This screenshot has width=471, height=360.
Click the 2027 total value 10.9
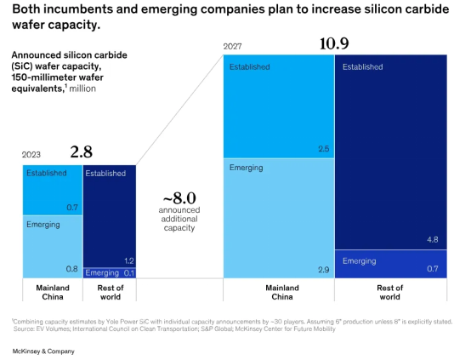click(x=334, y=43)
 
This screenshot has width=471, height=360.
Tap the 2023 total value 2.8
click(x=81, y=151)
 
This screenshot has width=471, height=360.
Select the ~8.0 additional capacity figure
click(x=179, y=198)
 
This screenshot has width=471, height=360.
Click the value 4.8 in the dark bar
click(x=433, y=240)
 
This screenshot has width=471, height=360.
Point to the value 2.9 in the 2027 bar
click(x=324, y=270)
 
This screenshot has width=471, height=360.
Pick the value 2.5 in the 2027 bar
click(x=324, y=149)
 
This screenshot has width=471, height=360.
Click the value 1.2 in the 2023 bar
click(x=129, y=260)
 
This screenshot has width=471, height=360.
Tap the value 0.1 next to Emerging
click(x=129, y=273)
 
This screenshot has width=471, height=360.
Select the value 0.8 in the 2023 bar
click(x=71, y=269)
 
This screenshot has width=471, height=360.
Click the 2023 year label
click(x=31, y=155)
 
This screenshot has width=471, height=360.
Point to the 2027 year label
click(x=232, y=46)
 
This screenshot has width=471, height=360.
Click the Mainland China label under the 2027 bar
click(x=282, y=292)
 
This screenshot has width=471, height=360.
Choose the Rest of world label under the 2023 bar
click(x=111, y=292)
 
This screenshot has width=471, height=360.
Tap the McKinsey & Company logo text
click(x=43, y=351)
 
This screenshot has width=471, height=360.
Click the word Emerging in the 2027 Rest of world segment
click(x=360, y=261)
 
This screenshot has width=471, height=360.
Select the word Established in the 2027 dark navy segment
click(x=362, y=66)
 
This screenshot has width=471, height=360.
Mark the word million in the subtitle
click(x=82, y=89)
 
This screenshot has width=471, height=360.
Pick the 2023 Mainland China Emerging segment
click(x=53, y=247)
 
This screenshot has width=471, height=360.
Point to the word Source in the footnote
click(x=24, y=329)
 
